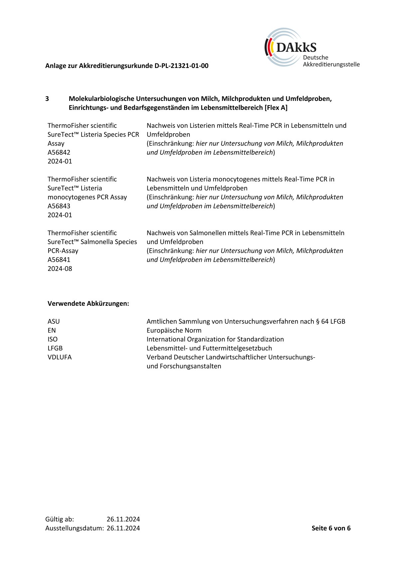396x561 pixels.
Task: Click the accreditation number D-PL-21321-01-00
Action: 181,66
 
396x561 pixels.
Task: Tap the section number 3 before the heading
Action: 47,99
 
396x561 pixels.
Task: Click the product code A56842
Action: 59,152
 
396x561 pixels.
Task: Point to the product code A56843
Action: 59,206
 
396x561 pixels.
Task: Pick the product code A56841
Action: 59,260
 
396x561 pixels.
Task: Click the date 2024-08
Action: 60,269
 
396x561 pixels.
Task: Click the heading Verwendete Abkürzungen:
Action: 88,303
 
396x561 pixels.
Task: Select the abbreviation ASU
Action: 54,321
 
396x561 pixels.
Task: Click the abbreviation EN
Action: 52,330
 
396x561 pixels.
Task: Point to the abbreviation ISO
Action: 53,339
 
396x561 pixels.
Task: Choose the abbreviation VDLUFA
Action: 60,357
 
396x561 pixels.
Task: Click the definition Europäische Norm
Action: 174,330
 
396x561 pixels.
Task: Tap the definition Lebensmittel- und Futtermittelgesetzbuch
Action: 209,348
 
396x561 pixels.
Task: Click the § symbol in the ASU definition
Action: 317,321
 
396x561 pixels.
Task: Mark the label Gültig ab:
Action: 60,519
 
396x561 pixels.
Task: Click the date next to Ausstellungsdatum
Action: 123,528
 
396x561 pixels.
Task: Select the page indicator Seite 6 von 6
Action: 331,528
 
